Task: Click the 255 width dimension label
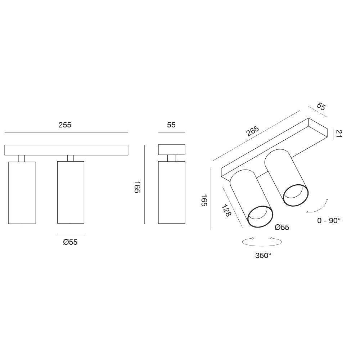point(65,125)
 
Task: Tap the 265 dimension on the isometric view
point(253,131)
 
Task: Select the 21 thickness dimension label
point(339,134)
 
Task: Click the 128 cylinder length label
point(226,211)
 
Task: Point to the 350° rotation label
point(264,255)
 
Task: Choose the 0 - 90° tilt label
point(329,221)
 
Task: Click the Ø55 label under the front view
point(70,242)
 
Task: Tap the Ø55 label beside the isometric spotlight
point(282,227)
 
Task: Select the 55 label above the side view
point(171,125)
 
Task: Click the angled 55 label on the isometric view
point(321,107)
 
